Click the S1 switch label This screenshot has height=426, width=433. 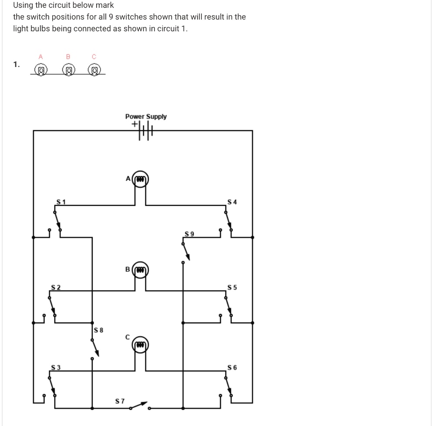61,201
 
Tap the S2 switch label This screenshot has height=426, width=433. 55,287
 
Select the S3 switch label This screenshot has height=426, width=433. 56,368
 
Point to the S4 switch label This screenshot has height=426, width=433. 232,202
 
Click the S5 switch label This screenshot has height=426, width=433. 232,287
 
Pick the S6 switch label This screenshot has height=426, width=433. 232,368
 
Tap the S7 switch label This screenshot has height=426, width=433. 120,401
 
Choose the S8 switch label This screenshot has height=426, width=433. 99,330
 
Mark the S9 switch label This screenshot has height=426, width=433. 189,234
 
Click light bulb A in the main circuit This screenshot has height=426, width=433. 140,179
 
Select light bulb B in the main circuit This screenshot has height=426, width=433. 140,270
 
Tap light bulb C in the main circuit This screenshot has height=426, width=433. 140,345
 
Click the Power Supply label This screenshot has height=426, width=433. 146,117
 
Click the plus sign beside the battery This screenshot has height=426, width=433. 135,124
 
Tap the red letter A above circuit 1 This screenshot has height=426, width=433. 41,56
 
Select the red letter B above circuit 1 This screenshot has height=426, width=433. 68,56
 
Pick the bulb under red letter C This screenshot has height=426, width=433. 94,70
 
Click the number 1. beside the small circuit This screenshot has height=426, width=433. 16,64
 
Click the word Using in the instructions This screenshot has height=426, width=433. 23,6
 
